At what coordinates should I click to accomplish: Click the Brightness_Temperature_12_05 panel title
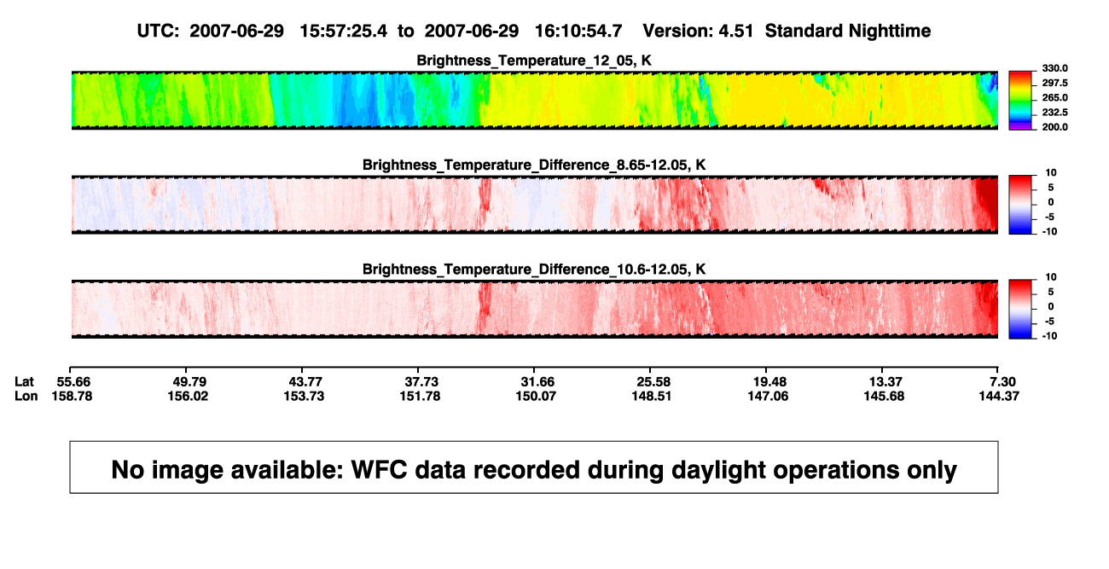(534, 61)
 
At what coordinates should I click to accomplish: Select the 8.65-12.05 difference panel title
(534, 165)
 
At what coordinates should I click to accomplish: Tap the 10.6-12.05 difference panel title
(534, 270)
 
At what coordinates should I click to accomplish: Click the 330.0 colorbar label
(1054, 68)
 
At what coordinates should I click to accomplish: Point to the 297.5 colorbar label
(1054, 83)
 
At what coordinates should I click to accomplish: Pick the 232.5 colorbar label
(1054, 113)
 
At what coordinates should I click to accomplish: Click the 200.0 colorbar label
(1054, 127)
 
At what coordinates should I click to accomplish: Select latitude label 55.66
(73, 382)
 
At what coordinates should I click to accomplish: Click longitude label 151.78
(420, 396)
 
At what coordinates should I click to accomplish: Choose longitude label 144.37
(999, 396)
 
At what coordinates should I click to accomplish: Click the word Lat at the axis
(24, 382)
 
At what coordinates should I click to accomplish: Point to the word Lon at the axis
(26, 396)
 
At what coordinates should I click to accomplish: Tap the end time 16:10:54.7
(578, 31)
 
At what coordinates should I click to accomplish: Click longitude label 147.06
(768, 396)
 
